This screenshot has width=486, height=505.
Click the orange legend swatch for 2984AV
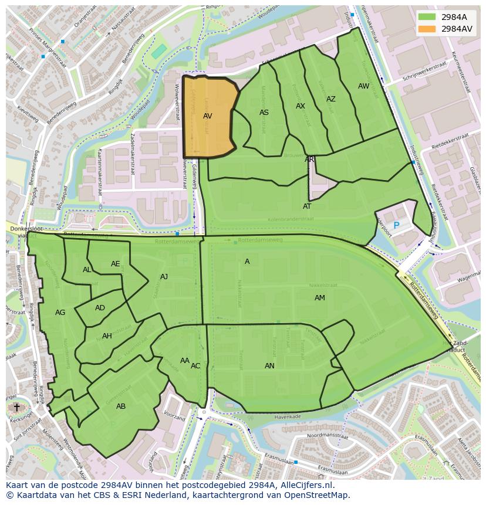pyautogui.click(x=427, y=29)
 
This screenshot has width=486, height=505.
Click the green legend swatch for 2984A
pyautogui.click(x=427, y=17)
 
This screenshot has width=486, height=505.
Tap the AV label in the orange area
pyautogui.click(x=207, y=116)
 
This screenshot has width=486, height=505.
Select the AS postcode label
pyautogui.click(x=264, y=112)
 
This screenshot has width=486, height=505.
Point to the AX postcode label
pyautogui.click(x=301, y=106)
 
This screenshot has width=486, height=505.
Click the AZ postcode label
pyautogui.click(x=331, y=99)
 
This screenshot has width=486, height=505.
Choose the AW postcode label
pyautogui.click(x=364, y=86)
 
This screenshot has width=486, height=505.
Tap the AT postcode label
pyautogui.click(x=307, y=206)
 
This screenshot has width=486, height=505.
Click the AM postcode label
pyautogui.click(x=319, y=298)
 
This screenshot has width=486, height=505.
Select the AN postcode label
pyautogui.click(x=269, y=366)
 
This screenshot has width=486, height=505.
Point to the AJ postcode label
pyautogui.click(x=164, y=277)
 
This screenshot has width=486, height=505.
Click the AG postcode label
pyautogui.click(x=60, y=313)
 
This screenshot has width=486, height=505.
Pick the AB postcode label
pyautogui.click(x=121, y=406)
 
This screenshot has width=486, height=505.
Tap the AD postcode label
pyautogui.click(x=100, y=308)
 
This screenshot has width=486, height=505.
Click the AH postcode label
pyautogui.click(x=107, y=336)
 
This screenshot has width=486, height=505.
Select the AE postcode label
pyautogui.click(x=115, y=264)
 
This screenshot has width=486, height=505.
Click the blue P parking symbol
pyautogui.click(x=396, y=226)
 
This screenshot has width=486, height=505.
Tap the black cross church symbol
pyautogui.click(x=16, y=407)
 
